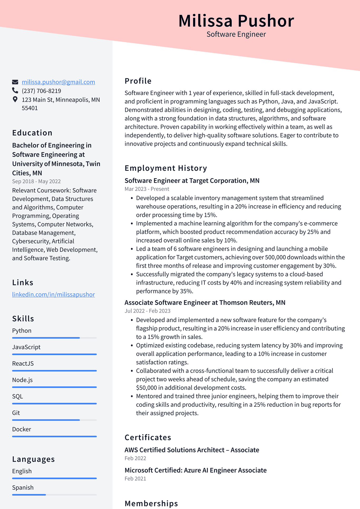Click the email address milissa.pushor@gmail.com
(58, 82)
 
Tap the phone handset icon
(15, 91)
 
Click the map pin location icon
(15, 99)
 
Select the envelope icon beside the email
(15, 82)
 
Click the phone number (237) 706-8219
(41, 91)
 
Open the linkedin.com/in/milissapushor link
(53, 294)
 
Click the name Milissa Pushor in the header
(236, 21)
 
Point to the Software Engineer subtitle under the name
(236, 34)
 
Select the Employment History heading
(166, 168)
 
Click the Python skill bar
(54, 338)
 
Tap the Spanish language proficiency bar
(54, 495)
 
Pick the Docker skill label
(22, 429)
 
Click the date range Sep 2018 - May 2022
(36, 181)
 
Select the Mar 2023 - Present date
(147, 189)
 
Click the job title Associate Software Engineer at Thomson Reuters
(205, 303)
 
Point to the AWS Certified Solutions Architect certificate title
(192, 450)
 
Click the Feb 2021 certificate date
(135, 479)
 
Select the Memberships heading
(151, 503)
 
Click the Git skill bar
(54, 420)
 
